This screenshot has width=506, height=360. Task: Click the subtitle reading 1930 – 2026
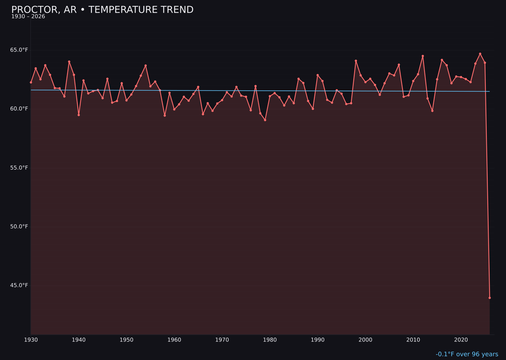tap(28, 17)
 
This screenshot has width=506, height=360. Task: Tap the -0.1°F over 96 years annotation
tap(467, 354)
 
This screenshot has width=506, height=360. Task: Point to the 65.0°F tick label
tap(19, 50)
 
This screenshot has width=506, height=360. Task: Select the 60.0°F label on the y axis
tap(19, 109)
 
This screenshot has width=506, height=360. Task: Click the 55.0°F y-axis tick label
tap(19, 168)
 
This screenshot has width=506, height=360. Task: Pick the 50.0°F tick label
tap(19, 227)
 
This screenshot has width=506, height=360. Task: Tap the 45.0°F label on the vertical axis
tap(19, 285)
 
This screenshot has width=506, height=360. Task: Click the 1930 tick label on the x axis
tap(31, 340)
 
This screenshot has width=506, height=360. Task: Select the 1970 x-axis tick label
tap(222, 340)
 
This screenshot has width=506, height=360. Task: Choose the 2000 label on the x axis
tap(365, 340)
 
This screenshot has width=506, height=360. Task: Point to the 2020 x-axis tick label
tap(461, 340)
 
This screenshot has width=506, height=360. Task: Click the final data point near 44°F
tap(490, 298)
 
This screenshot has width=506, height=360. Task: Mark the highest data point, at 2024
tap(480, 54)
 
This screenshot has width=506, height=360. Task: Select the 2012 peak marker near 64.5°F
tap(423, 56)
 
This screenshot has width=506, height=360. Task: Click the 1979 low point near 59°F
tap(265, 120)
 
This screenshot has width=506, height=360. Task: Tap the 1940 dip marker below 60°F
tap(79, 115)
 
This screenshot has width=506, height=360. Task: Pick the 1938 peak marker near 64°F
tap(69, 62)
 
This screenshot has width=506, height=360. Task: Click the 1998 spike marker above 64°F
tap(356, 61)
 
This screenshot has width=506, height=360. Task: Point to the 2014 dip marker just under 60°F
tap(432, 111)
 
